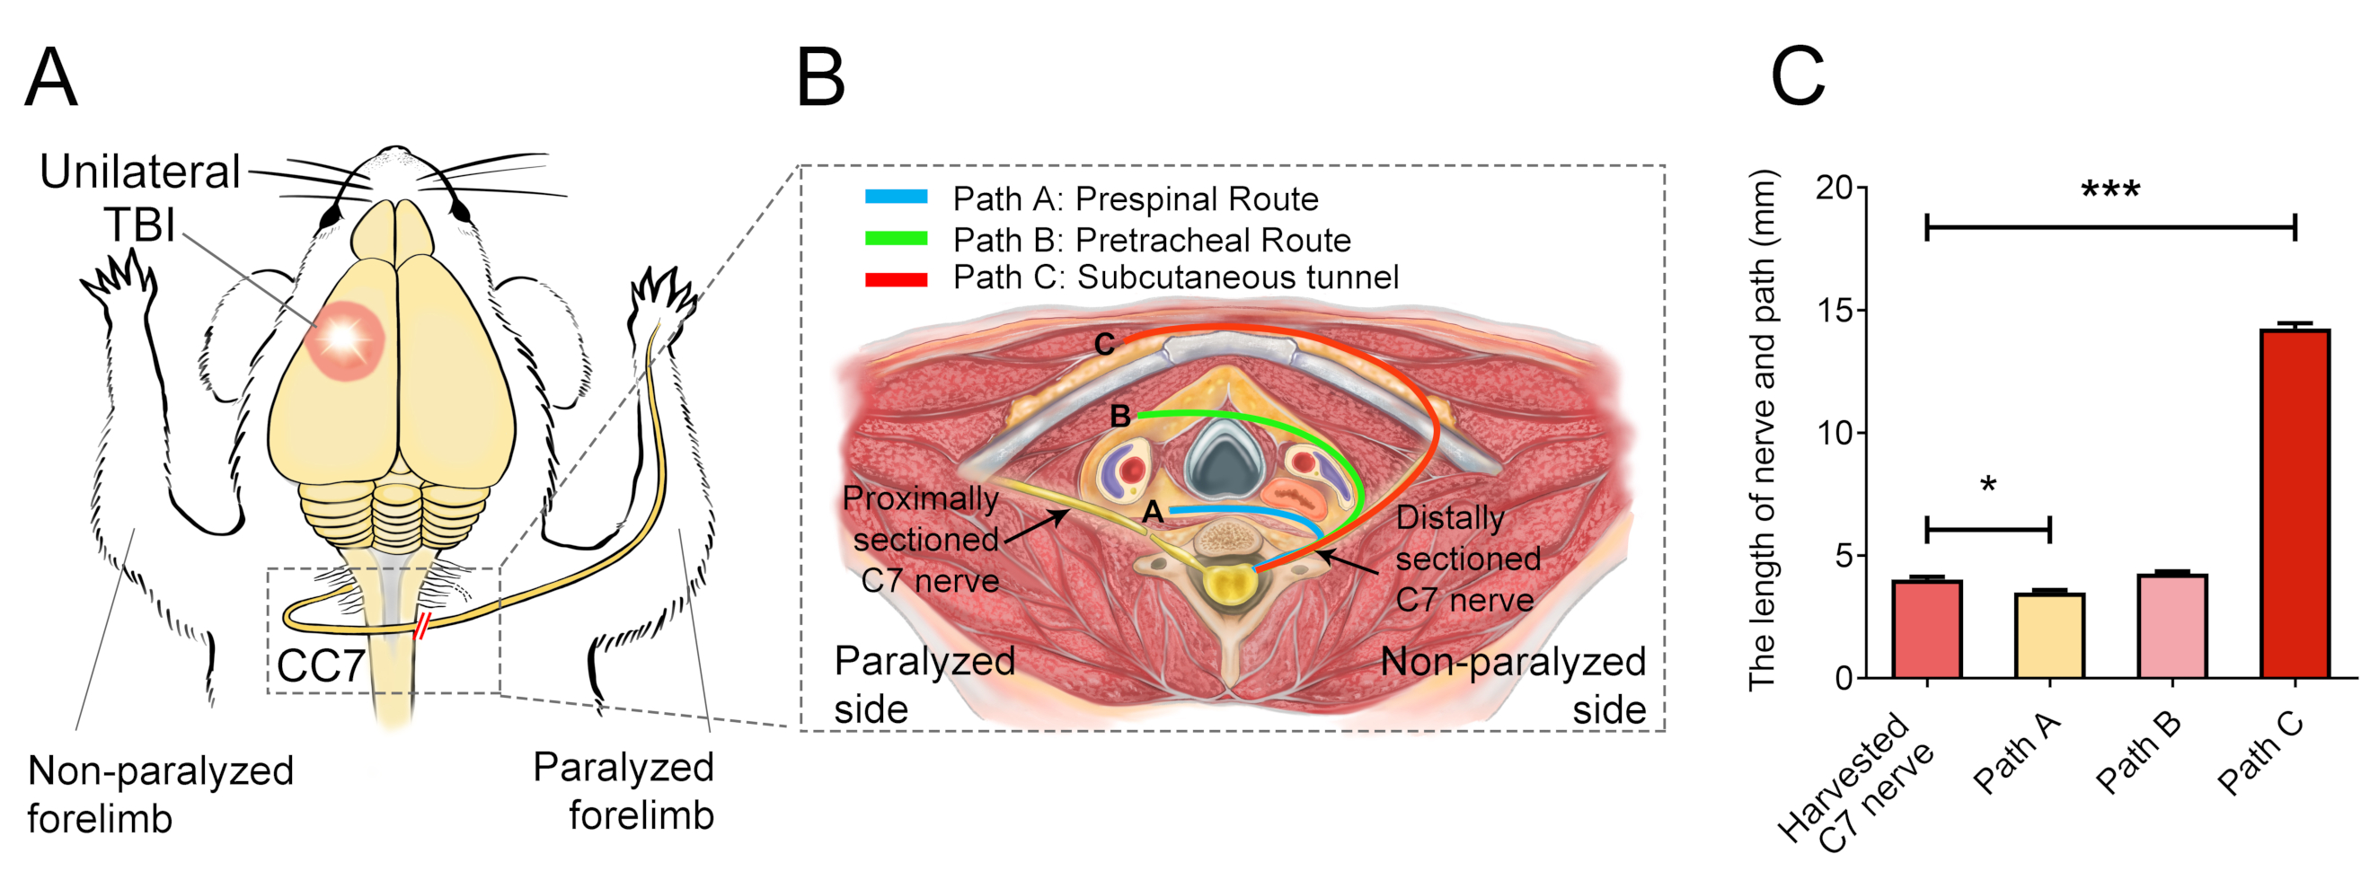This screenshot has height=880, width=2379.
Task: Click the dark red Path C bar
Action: pos(2295,503)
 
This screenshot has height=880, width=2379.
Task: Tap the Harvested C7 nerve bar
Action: pos(1926,629)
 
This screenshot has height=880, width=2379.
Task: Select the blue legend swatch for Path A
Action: pos(896,197)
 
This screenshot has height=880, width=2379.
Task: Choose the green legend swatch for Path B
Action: pos(896,238)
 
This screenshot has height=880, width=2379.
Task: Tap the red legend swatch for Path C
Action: pos(896,279)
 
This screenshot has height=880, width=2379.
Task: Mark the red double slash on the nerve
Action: pos(422,625)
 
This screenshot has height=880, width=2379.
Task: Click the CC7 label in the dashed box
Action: pos(321,665)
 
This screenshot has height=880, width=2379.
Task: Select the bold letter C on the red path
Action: pos(1103,345)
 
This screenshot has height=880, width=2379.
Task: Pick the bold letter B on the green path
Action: pos(1119,417)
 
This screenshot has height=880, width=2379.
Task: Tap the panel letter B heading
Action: pos(820,78)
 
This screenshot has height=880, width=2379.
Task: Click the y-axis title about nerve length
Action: pos(1762,429)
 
